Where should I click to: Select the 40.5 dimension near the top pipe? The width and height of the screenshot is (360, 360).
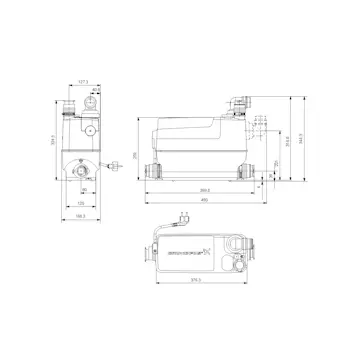[x=94, y=92]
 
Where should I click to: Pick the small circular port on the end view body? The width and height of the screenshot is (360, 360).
[x=88, y=130]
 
